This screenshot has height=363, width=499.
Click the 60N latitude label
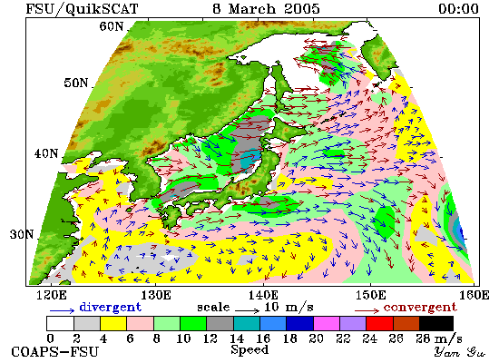pyautogui.click(x=111, y=26)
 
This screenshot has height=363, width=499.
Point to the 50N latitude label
pyautogui.click(x=75, y=83)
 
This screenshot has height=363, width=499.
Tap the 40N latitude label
pyautogui.click(x=46, y=153)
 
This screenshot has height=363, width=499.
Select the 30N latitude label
pyautogui.click(x=22, y=234)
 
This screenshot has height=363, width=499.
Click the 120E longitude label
pyautogui.click(x=52, y=295)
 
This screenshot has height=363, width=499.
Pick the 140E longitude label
pyautogui.click(x=263, y=295)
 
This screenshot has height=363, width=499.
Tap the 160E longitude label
pyautogui.click(x=475, y=295)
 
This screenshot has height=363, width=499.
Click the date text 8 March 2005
pyautogui.click(x=266, y=8)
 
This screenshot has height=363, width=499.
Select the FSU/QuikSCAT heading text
pyautogui.click(x=82, y=9)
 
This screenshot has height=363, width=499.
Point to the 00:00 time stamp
pyautogui.click(x=458, y=8)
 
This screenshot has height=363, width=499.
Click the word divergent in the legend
pyautogui.click(x=110, y=308)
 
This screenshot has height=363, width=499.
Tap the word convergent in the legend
pyautogui.click(x=420, y=308)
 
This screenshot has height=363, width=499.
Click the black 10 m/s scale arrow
pyautogui.click(x=248, y=310)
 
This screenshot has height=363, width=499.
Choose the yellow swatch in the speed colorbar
pyautogui.click(x=113, y=323)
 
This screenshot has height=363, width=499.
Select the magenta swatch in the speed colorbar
pyautogui.click(x=327, y=323)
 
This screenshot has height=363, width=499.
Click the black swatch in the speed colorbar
pyautogui.click(x=436, y=323)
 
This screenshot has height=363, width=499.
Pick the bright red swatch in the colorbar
pyautogui.click(x=379, y=323)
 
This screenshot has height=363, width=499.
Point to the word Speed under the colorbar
pyautogui.click(x=249, y=350)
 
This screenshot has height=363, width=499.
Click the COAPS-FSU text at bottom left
pyautogui.click(x=54, y=352)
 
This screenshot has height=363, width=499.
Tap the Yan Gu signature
pyautogui.click(x=459, y=352)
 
